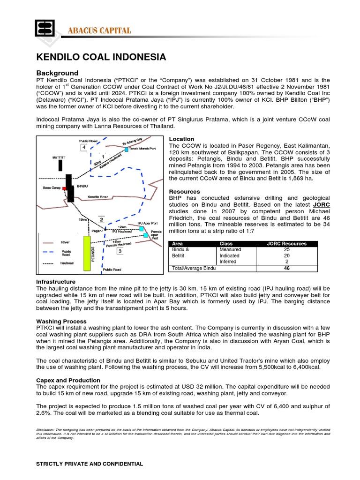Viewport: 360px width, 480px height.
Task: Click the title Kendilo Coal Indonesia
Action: [x=101, y=57]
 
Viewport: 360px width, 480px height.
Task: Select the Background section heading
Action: [x=57, y=73]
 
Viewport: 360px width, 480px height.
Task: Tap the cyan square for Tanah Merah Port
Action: [x=127, y=149]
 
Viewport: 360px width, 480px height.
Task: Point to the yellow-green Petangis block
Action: [x=86, y=254]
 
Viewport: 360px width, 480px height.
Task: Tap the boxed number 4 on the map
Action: [x=83, y=148]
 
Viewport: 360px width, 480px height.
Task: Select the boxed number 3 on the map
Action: [x=120, y=251]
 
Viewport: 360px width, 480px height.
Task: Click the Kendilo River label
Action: [x=98, y=197]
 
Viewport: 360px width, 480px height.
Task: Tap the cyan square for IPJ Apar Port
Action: [x=142, y=229]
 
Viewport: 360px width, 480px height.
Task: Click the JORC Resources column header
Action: [x=286, y=244]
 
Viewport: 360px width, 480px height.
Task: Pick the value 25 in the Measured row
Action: [x=286, y=250]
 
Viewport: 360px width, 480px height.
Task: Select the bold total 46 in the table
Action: [x=286, y=268]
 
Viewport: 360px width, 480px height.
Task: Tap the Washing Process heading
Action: [x=61, y=321]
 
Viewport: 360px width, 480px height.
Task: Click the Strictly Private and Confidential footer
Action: [x=90, y=464]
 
